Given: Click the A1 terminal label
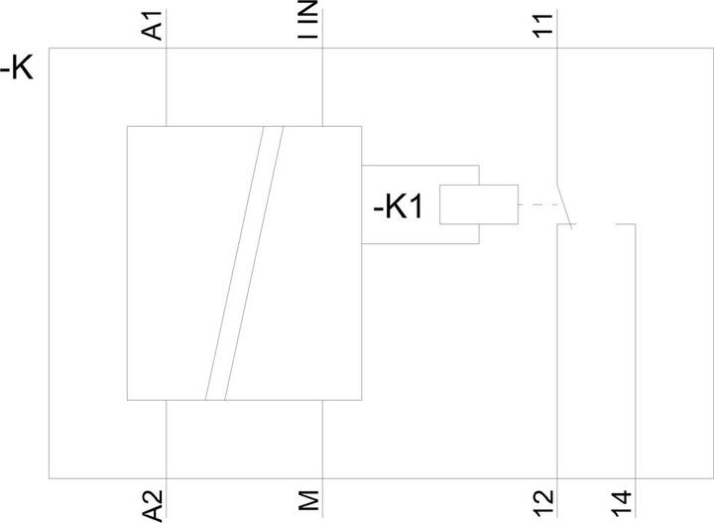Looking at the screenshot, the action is coord(153,26).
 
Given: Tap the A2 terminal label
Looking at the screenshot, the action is coord(153,505).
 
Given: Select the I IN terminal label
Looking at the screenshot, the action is coord(307,20).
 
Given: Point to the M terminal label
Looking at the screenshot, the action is coord(308,500).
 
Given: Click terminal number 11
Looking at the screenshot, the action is coord(542,25).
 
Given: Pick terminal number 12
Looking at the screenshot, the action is coord(543,504).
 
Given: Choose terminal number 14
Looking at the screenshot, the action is coord(621,504).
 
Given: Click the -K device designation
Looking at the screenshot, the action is coord(17,69).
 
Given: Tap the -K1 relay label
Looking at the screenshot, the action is coord(398,206).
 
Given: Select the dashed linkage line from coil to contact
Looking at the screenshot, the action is coord(538,204).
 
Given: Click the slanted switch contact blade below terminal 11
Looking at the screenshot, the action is coord(564,205).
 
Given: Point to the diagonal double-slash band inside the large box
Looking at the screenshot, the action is coord(244,263).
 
